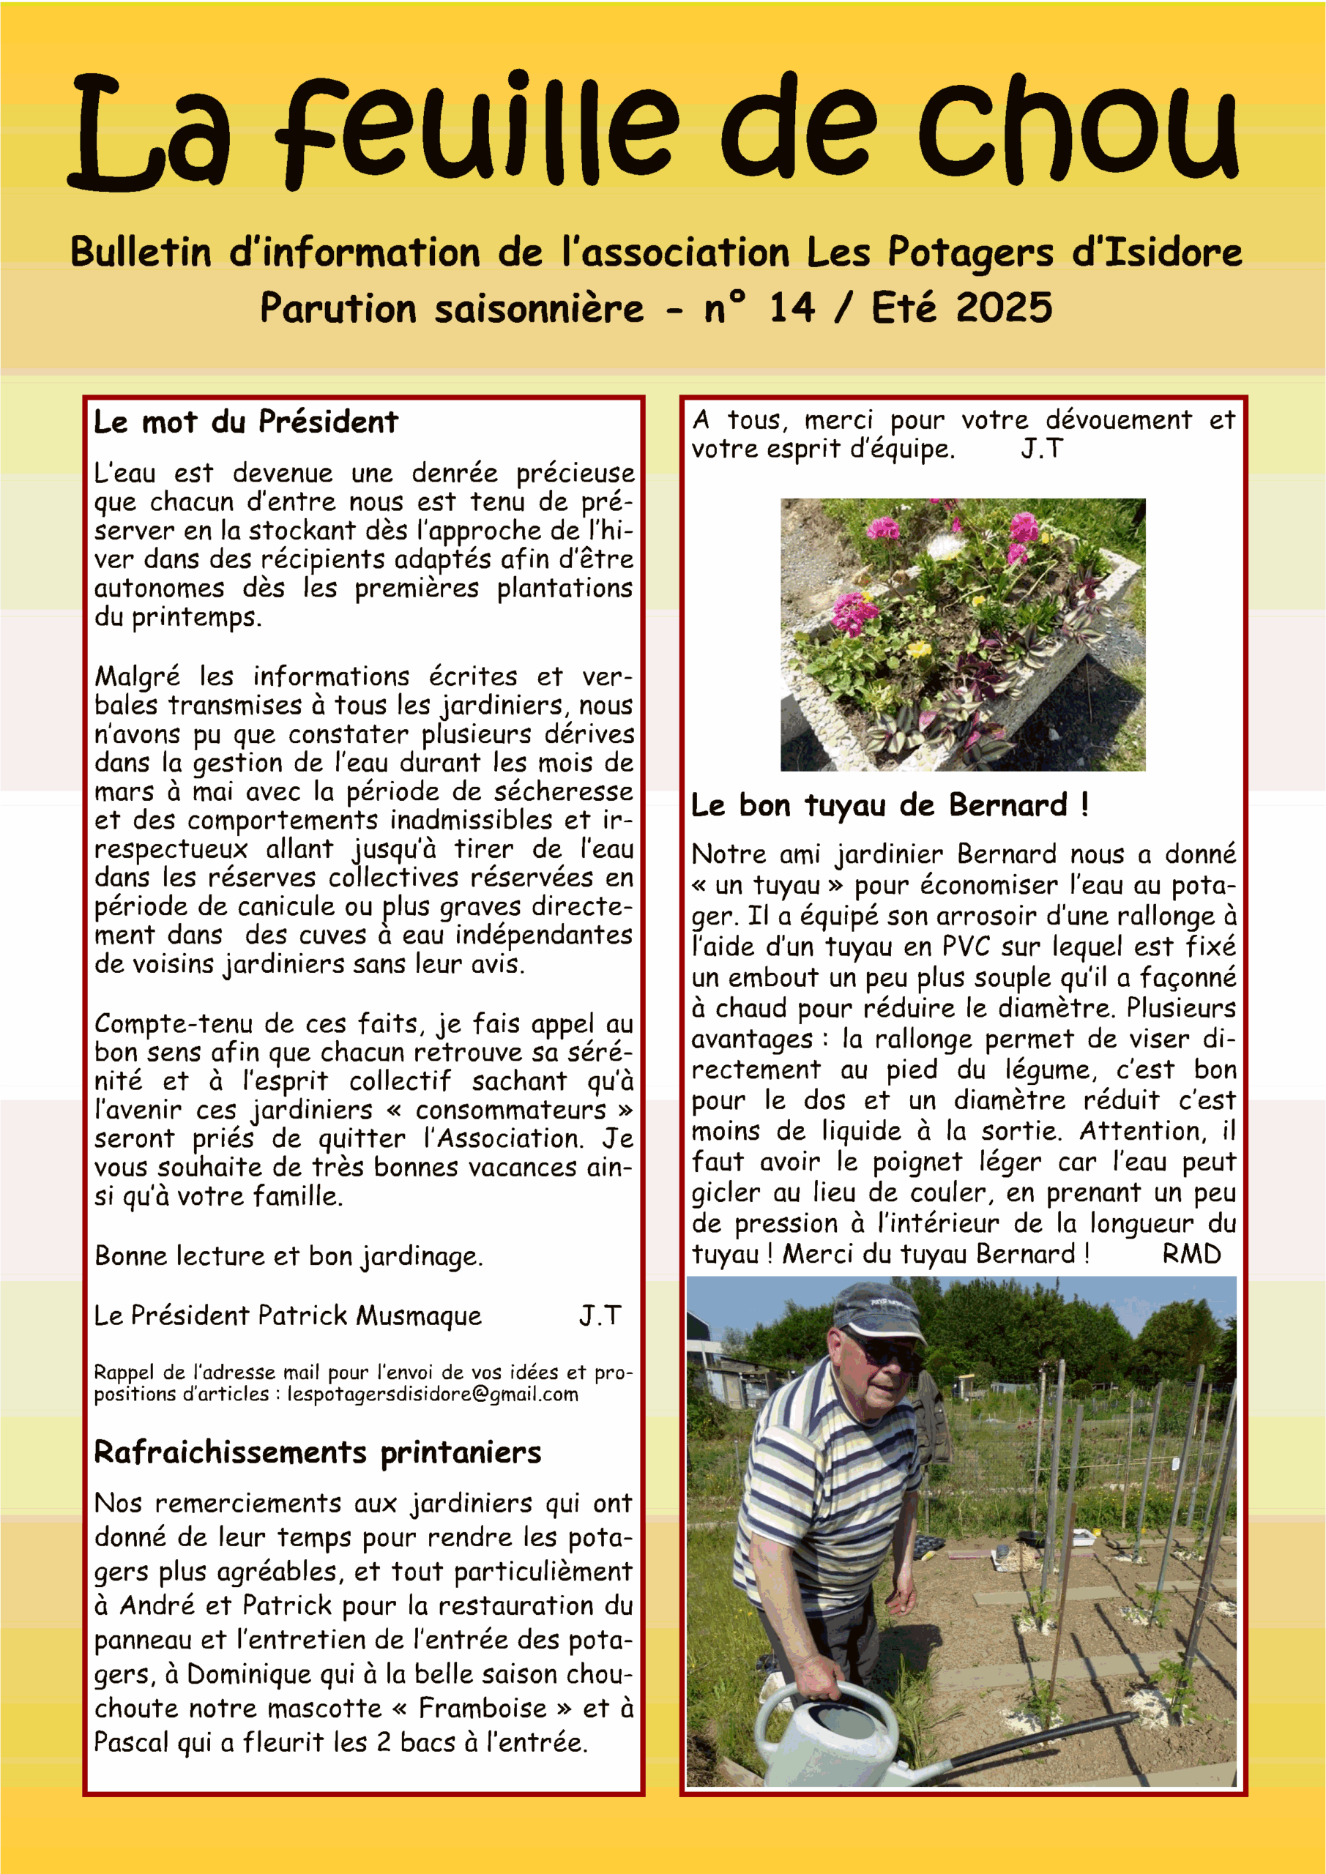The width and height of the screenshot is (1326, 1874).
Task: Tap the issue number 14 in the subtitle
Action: pos(791,308)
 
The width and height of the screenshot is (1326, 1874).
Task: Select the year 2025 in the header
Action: pos(1004,308)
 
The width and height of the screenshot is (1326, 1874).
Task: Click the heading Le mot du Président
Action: pos(246,422)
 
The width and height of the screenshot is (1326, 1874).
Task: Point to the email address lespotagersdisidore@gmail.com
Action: pos(432,1394)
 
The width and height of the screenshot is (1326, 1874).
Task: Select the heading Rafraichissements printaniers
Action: pos(318,1453)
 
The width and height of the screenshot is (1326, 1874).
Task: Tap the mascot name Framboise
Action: pos(483,1709)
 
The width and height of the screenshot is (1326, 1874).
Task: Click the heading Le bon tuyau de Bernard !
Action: pos(889,805)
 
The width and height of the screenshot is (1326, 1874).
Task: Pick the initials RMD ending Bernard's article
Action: pos(1191,1254)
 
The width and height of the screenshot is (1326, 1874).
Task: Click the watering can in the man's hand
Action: pos(833,1739)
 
